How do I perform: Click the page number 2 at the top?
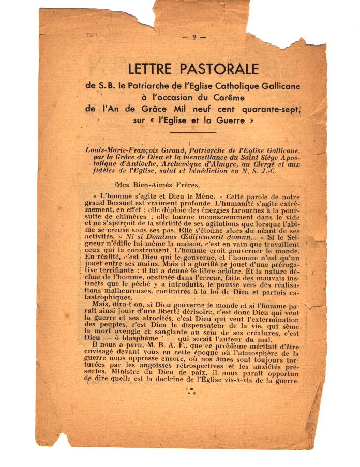click(x=194, y=37)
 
